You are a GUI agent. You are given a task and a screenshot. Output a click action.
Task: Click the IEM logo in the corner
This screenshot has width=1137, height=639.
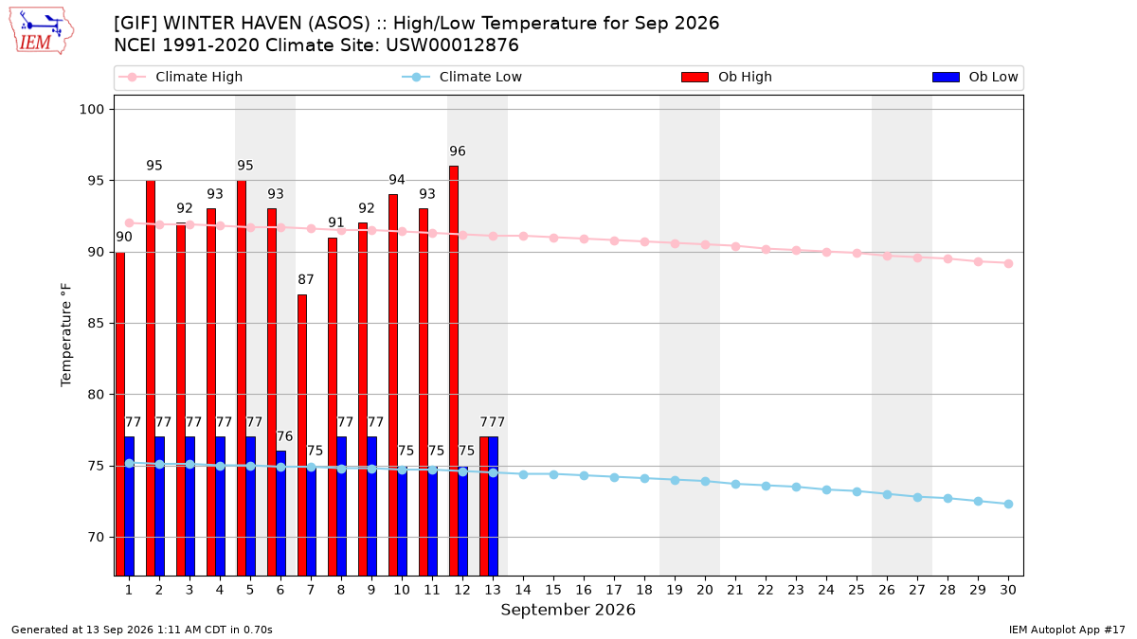click(42, 30)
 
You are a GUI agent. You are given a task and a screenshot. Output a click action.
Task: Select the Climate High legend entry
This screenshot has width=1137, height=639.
click(180, 77)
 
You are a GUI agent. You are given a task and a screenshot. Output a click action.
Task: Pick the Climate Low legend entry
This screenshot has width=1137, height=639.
click(462, 77)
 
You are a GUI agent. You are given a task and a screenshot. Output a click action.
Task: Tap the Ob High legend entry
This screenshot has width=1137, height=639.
click(727, 77)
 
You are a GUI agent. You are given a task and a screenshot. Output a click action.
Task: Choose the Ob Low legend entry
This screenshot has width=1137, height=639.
click(975, 77)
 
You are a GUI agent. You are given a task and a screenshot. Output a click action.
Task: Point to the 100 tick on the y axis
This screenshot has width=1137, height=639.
click(91, 110)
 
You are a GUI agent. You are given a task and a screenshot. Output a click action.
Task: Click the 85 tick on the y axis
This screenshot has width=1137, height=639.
click(96, 323)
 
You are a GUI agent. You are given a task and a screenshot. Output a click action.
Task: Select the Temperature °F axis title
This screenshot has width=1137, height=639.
click(66, 335)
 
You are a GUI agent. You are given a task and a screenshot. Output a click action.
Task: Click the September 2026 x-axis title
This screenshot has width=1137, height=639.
click(568, 610)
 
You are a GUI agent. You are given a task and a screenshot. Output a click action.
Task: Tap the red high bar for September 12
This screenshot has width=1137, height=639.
click(454, 371)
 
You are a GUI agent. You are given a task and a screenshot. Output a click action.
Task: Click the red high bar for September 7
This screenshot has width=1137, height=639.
click(302, 435)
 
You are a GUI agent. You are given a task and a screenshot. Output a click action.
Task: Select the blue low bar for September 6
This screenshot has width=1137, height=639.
click(280, 513)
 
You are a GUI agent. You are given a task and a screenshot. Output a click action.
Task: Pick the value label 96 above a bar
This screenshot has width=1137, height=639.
click(458, 151)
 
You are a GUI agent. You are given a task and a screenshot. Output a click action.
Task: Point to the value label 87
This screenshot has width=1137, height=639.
click(305, 279)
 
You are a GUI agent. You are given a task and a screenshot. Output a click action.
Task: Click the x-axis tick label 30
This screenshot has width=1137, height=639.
click(1008, 590)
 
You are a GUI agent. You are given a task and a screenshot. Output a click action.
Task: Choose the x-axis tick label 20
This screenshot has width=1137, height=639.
click(705, 590)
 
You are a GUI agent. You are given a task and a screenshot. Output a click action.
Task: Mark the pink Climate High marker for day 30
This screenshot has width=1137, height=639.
click(1008, 264)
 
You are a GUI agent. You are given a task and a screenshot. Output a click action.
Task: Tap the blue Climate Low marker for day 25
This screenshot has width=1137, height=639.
click(857, 492)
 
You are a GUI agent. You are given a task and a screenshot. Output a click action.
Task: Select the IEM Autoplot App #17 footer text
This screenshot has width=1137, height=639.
click(1067, 630)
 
